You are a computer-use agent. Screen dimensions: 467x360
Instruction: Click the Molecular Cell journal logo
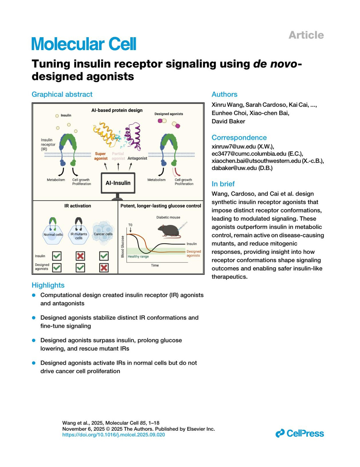point(84,44)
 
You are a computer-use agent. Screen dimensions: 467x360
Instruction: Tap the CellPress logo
point(299,433)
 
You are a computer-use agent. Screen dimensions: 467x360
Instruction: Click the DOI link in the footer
point(113,435)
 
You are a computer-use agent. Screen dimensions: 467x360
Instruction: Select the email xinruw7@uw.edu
point(234,146)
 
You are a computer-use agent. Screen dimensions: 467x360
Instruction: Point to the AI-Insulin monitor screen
point(118,183)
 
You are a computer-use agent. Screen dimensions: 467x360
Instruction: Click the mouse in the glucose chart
point(169,230)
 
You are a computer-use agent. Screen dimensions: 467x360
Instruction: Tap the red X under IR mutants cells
point(80,256)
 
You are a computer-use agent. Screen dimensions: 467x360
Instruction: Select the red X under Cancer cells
point(104,268)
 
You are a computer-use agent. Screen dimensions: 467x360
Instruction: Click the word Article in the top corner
point(306,35)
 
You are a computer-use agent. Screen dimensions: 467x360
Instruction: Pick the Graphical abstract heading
point(62,94)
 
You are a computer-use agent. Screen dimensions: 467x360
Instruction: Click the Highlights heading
point(48,285)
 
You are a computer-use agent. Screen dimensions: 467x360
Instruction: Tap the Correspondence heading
point(239,137)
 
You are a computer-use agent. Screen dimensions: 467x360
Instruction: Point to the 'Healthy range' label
point(138,256)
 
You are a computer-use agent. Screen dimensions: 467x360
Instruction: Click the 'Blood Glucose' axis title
point(122,247)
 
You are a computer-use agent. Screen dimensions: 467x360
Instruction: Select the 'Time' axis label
point(155,265)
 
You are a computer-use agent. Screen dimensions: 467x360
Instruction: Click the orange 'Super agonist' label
point(100,156)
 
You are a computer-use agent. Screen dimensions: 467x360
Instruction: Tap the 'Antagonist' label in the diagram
point(137,158)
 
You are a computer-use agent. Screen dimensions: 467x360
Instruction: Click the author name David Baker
point(228,121)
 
